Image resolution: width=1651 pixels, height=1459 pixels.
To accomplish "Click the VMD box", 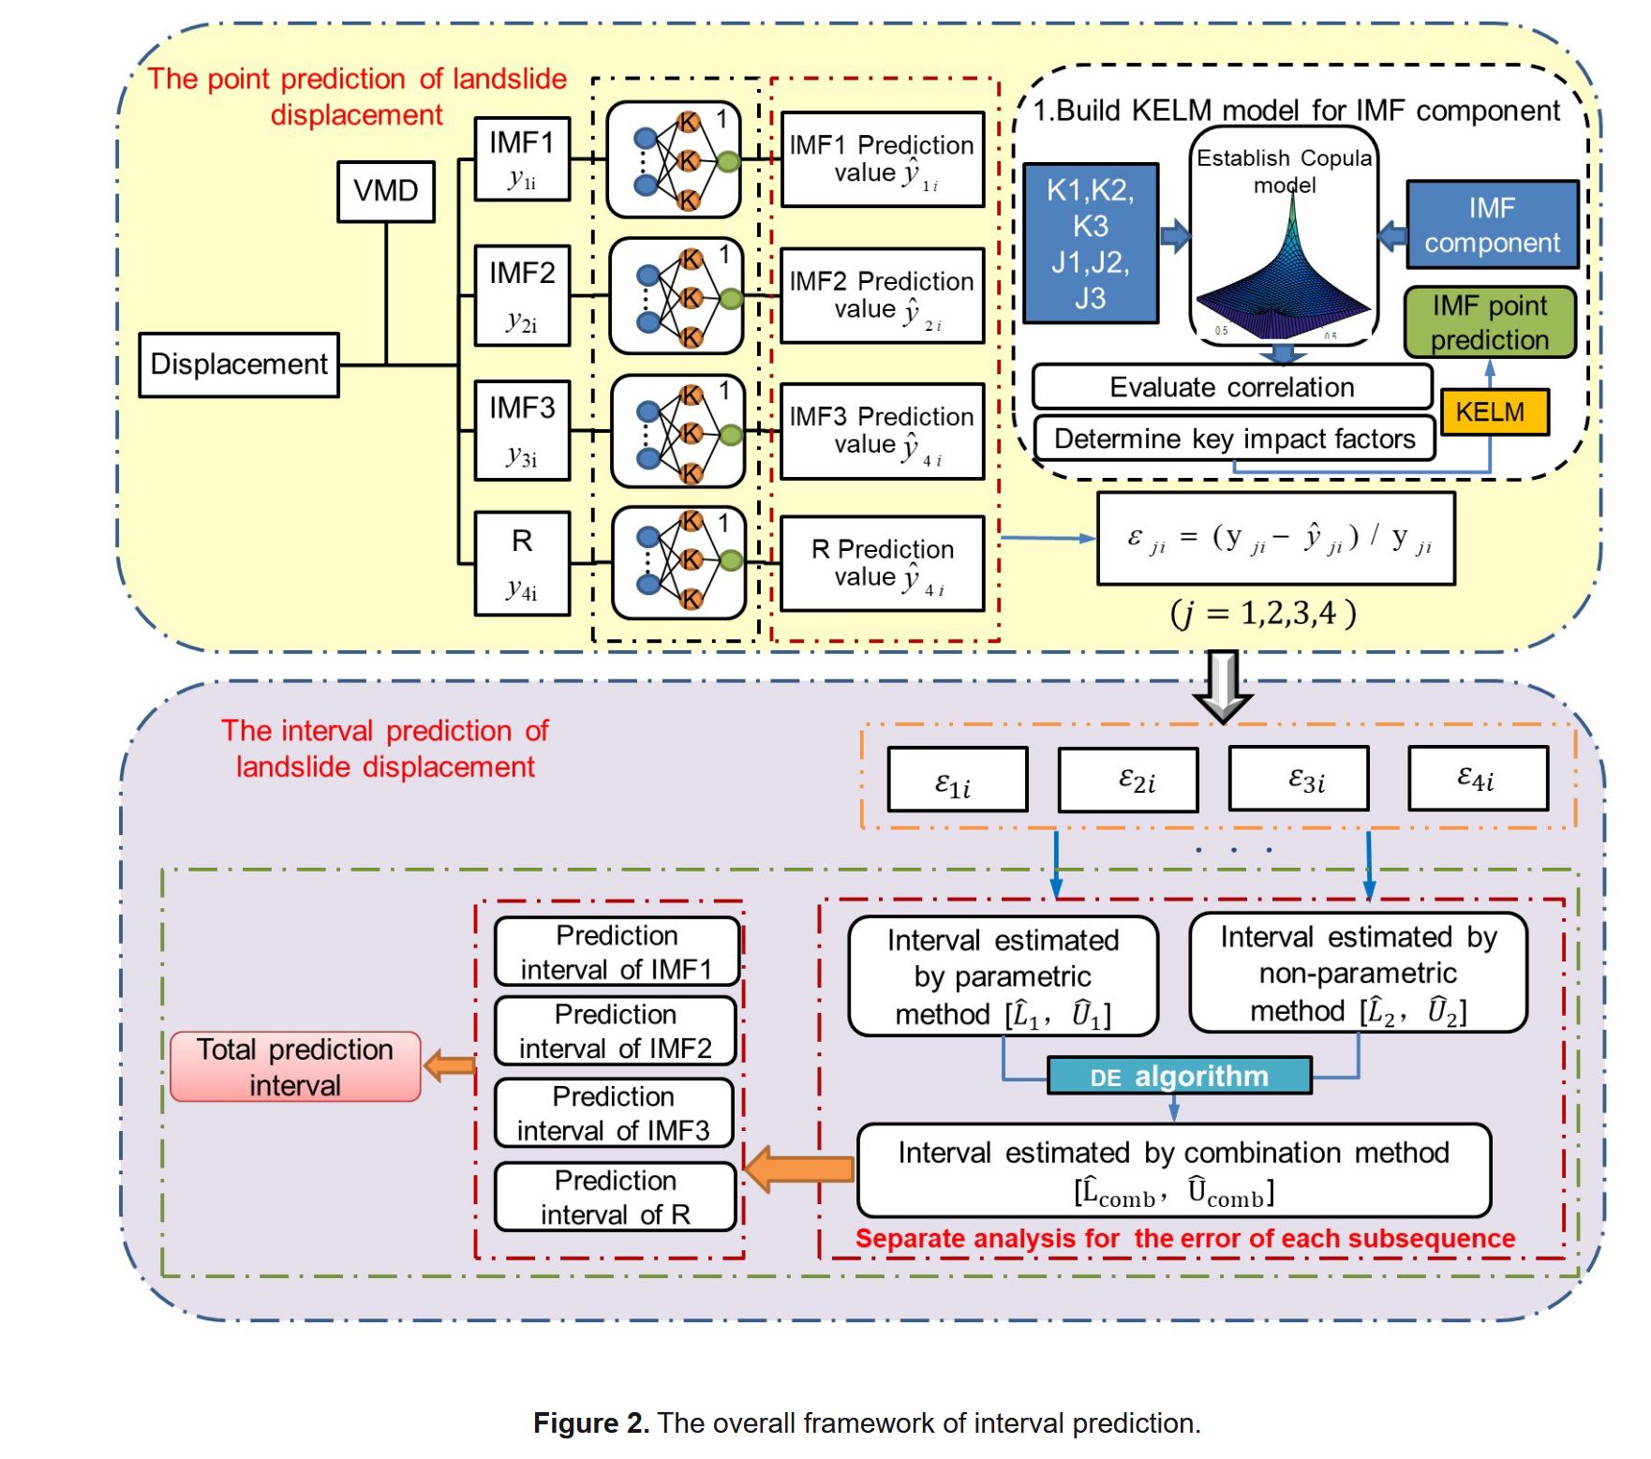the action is pyautogui.click(x=386, y=191).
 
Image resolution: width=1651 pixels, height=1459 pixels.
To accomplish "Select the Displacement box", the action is pyautogui.click(x=239, y=365).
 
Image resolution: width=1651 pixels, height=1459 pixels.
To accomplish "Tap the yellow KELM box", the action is pyautogui.click(x=1495, y=412).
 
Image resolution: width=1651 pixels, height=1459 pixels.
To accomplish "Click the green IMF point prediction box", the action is pyautogui.click(x=1490, y=322).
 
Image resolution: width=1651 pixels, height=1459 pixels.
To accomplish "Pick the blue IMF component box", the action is pyautogui.click(x=1493, y=225).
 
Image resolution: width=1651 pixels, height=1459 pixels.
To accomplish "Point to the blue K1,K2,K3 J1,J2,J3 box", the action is pyautogui.click(x=1091, y=244).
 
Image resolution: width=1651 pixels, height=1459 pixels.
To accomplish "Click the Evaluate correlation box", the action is pyautogui.click(x=1232, y=387).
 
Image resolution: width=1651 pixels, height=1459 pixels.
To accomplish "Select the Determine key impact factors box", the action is pyautogui.click(x=1234, y=439).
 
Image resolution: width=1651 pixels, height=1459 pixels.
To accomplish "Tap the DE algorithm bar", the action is pyautogui.click(x=1180, y=1076).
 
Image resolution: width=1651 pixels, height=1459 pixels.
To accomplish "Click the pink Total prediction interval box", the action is pyautogui.click(x=295, y=1066).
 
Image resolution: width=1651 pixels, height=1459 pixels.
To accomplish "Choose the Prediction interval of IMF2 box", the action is pyautogui.click(x=616, y=1031).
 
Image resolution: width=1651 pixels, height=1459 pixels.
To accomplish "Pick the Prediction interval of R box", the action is pyautogui.click(x=616, y=1197).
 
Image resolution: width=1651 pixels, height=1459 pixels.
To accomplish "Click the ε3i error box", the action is pyautogui.click(x=1299, y=779).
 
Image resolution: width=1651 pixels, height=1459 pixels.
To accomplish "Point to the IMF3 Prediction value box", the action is pyautogui.click(x=882, y=431).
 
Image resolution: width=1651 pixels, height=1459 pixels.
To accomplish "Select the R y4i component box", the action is pyautogui.click(x=522, y=563).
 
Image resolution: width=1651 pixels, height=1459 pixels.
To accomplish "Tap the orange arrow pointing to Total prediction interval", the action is pyautogui.click(x=449, y=1065).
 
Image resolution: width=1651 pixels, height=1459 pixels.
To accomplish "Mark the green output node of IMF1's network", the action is pyautogui.click(x=729, y=162).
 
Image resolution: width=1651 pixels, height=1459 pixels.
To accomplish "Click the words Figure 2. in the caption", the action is pyautogui.click(x=591, y=1423).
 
